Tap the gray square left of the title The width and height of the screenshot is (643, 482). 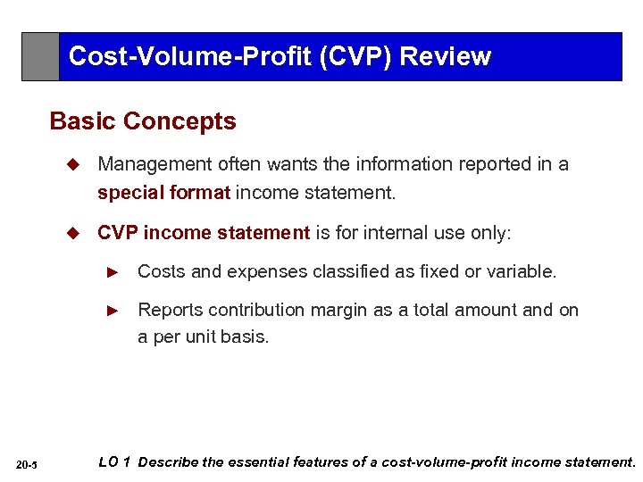coord(40,56)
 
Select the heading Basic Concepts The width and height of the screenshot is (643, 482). coord(143,121)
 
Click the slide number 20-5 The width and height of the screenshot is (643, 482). coord(27,464)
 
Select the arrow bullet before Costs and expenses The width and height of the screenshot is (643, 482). coord(113,271)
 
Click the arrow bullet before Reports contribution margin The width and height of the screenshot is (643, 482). coord(113,311)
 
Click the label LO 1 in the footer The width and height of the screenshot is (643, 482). coord(114,462)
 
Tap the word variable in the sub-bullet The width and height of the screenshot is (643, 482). coord(524,270)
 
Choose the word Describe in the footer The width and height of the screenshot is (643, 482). coord(170,462)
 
